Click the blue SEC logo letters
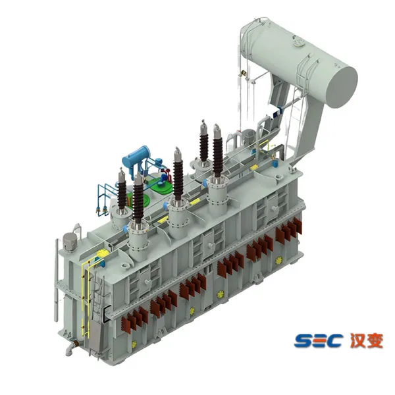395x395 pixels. tap(319, 340)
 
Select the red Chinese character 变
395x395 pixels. tap(375, 340)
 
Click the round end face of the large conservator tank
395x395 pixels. tap(340, 87)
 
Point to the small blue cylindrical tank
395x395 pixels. tap(136, 155)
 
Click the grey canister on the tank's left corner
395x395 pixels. tap(69, 241)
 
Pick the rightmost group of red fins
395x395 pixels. tap(289, 230)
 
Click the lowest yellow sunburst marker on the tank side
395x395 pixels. tap(134, 344)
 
